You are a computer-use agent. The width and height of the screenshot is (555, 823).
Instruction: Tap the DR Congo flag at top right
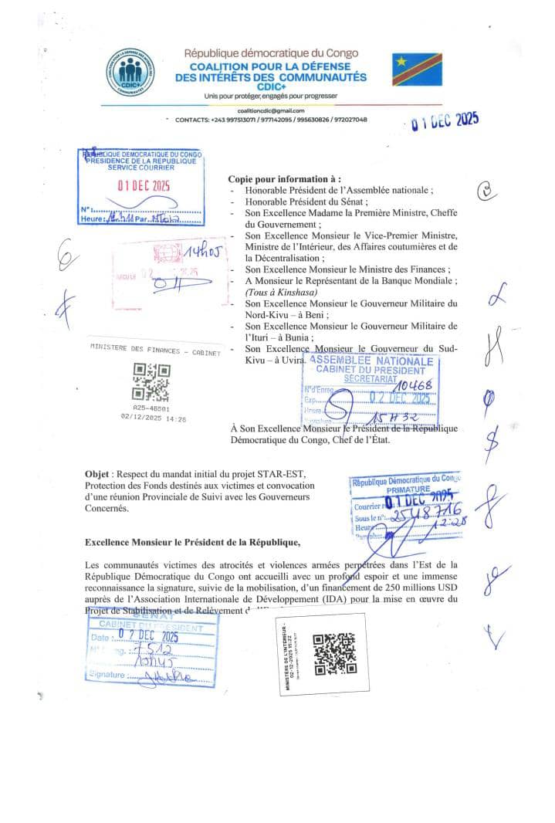click(x=417, y=69)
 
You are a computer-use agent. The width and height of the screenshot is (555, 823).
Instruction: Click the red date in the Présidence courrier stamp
click(x=144, y=185)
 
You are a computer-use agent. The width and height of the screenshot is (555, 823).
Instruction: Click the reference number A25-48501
click(x=151, y=409)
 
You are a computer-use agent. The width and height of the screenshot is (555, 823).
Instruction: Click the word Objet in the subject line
click(x=98, y=472)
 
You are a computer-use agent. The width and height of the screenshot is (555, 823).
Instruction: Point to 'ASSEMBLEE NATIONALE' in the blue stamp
click(x=371, y=361)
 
